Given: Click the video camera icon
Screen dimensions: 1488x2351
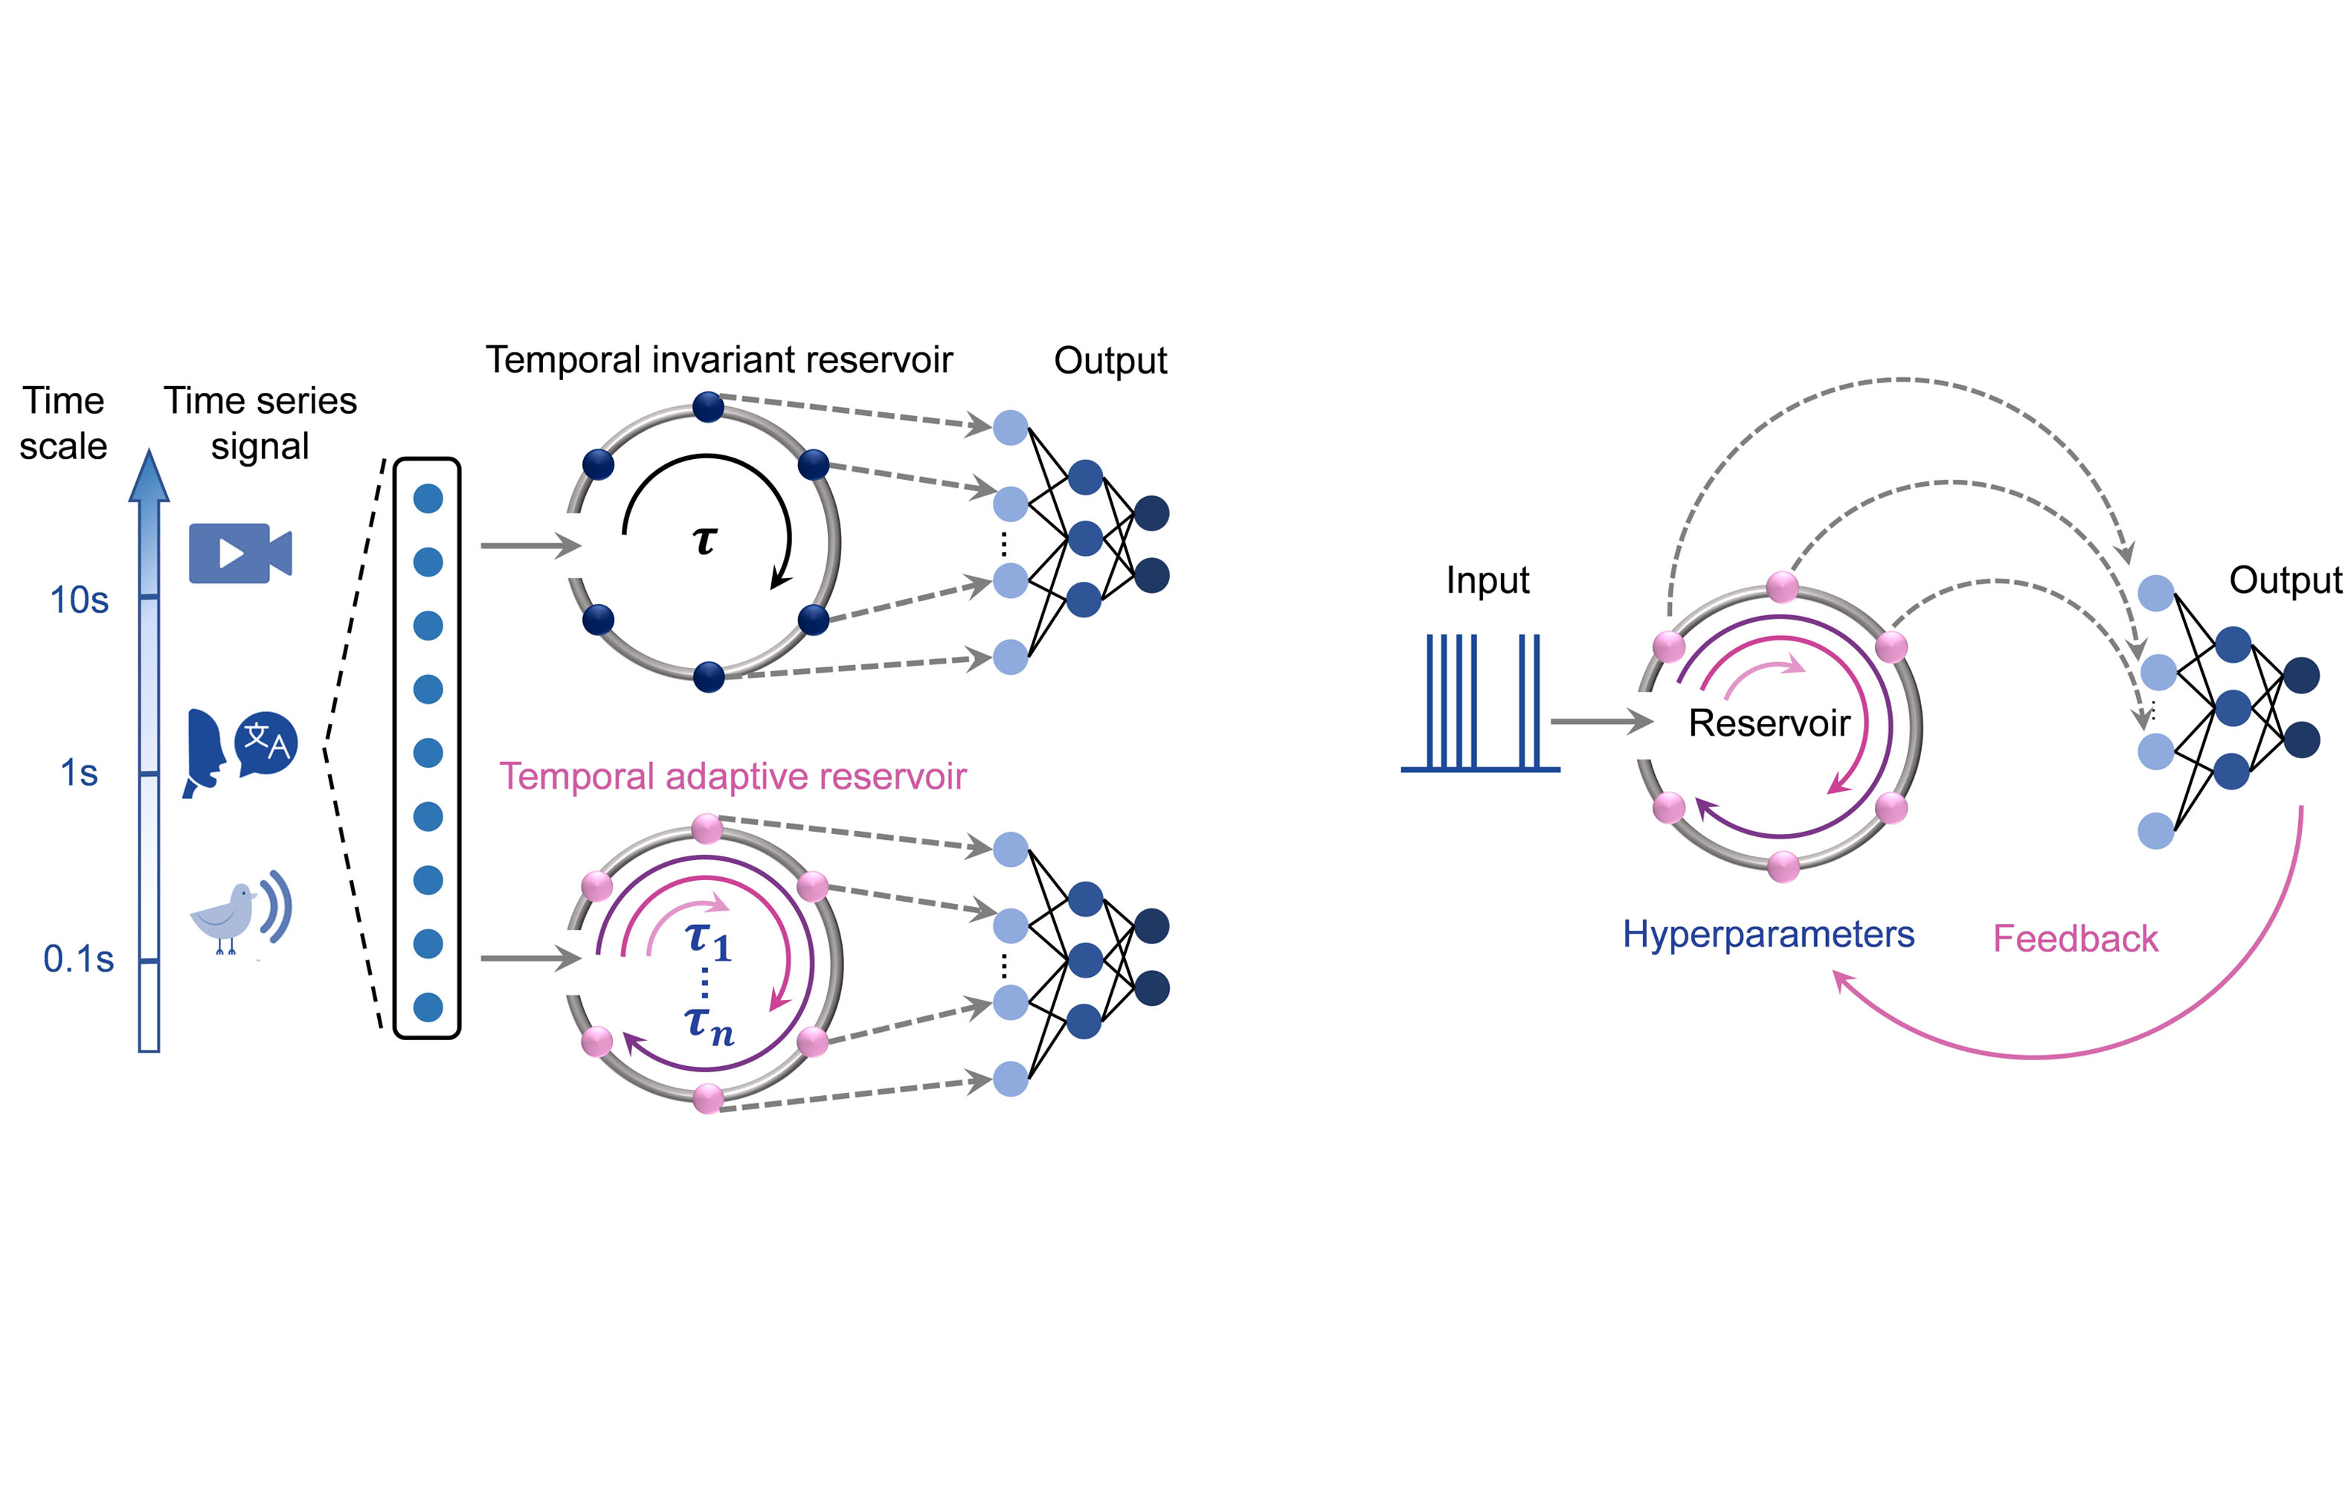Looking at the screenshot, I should [x=239, y=553].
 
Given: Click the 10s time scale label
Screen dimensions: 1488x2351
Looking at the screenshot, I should [x=79, y=600].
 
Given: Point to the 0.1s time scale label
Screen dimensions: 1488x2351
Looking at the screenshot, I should [x=78, y=959].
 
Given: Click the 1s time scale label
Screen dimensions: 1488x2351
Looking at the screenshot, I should [x=79, y=772].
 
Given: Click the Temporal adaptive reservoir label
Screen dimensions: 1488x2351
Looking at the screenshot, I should [x=733, y=776].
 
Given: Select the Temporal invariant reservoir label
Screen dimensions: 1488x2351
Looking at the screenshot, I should [x=718, y=359].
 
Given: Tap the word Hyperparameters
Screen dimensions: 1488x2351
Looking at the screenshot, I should [x=1768, y=934].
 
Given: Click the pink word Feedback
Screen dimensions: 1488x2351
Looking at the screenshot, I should [x=2075, y=938].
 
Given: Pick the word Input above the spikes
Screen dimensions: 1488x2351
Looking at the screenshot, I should [x=1487, y=580].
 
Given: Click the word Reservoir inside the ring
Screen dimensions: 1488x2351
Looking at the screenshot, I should [x=1769, y=722].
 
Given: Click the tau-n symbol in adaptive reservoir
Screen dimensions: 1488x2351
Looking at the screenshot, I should [x=709, y=1025].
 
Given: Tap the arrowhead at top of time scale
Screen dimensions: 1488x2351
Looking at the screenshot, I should [x=149, y=475].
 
